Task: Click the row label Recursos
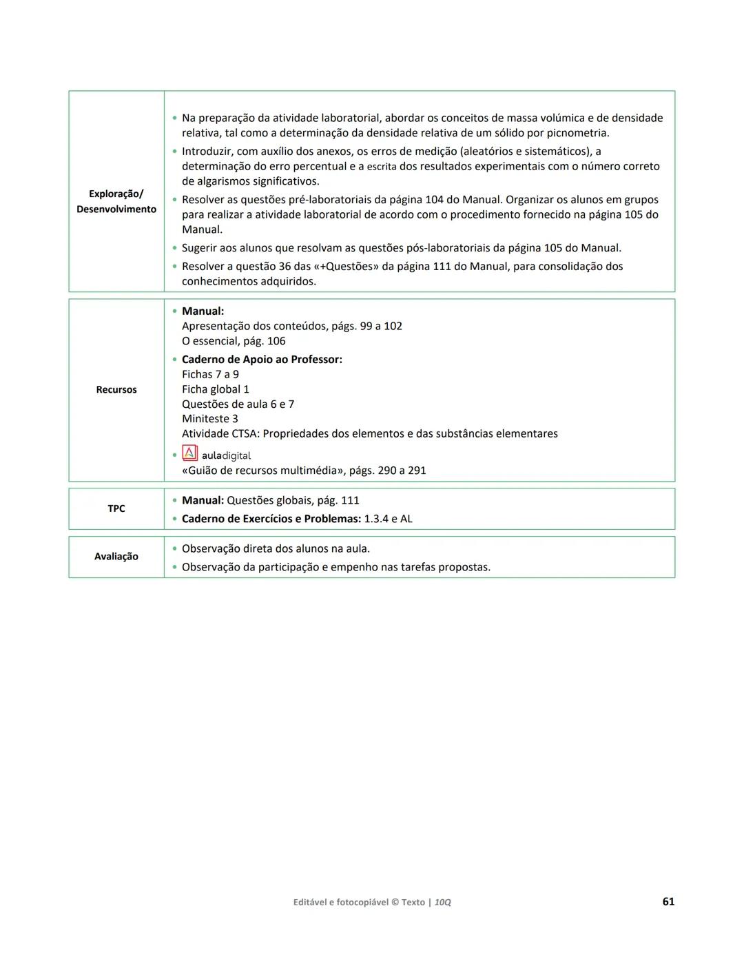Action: [116, 390]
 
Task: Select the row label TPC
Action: [116, 508]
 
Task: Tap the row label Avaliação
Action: [116, 557]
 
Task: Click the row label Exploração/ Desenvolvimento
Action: [116, 201]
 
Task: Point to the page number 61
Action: [668, 901]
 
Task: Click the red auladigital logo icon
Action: [189, 453]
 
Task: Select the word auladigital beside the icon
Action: [226, 455]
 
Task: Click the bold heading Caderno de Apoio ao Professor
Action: [262, 360]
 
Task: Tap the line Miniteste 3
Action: [210, 419]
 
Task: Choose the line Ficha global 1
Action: [216, 389]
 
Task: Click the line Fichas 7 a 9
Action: [210, 374]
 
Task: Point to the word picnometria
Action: [577, 133]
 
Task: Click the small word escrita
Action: [382, 167]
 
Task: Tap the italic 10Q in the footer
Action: [442, 902]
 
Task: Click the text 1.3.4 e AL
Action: [388, 519]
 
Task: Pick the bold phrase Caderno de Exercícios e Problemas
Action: [271, 519]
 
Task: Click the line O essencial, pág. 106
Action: [234, 341]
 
